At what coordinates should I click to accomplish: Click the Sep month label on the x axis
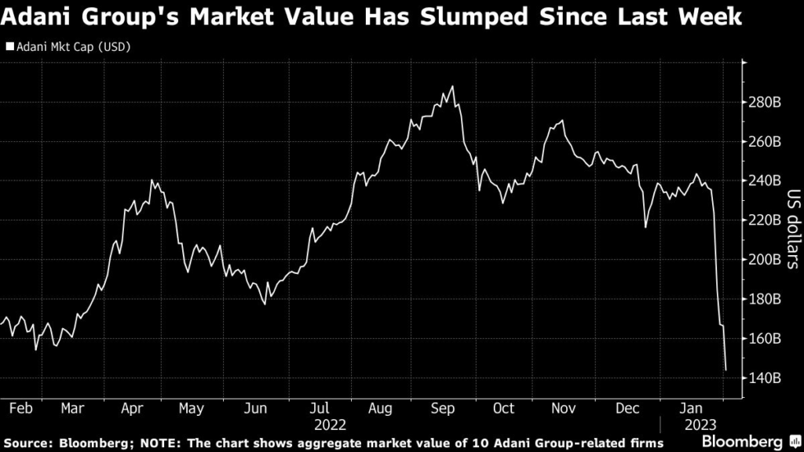(x=443, y=408)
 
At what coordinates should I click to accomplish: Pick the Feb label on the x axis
(x=21, y=408)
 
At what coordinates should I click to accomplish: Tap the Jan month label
(x=691, y=408)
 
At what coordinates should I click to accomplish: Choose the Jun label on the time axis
(x=255, y=408)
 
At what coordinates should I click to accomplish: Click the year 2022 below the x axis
(x=331, y=425)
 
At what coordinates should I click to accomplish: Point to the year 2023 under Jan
(x=700, y=425)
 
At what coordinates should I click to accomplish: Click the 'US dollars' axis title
(x=793, y=229)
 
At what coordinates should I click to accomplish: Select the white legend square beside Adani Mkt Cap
(x=9, y=46)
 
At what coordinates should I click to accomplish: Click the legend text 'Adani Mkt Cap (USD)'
(x=73, y=47)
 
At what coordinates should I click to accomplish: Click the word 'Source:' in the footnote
(x=29, y=443)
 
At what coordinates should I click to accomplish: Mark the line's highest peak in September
(x=452, y=86)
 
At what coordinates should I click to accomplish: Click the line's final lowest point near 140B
(x=725, y=370)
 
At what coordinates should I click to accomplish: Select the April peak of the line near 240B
(x=152, y=180)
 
